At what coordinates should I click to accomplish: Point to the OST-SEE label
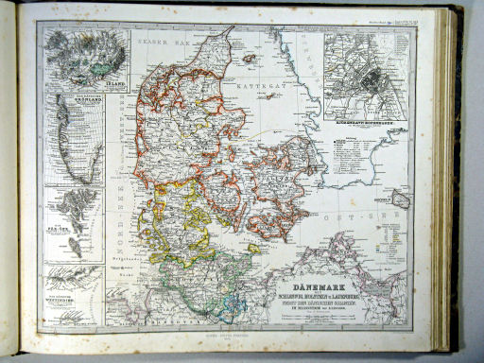369,216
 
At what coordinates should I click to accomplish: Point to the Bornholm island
401,199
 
